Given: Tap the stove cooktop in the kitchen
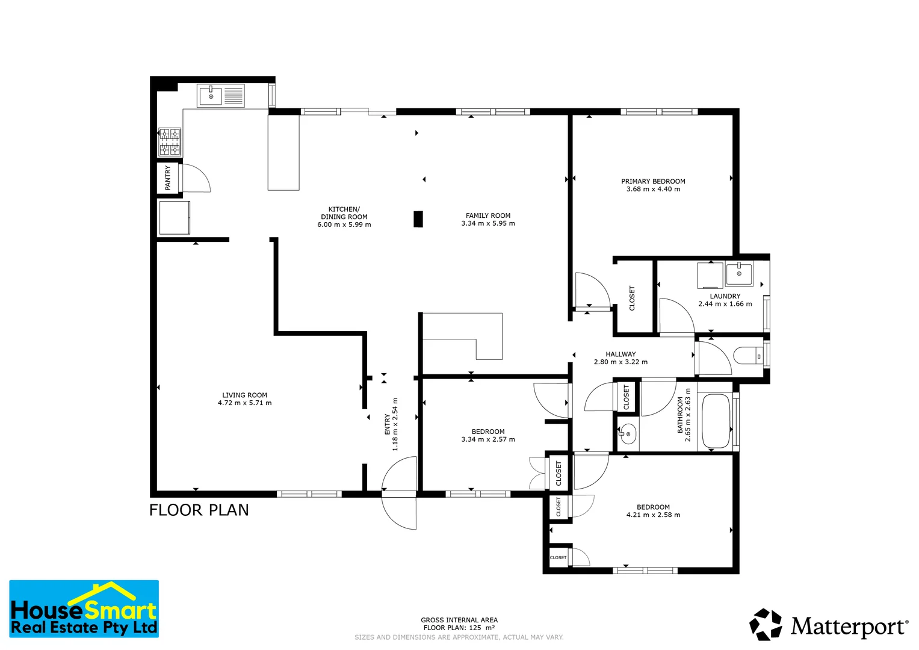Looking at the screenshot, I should click(x=169, y=142).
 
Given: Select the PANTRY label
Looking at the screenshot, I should click(x=168, y=178).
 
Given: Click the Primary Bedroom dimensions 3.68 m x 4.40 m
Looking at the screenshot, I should click(x=653, y=189).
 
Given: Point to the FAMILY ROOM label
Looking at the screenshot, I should click(x=487, y=215).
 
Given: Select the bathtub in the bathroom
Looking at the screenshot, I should click(x=716, y=421).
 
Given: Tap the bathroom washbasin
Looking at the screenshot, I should click(x=628, y=433).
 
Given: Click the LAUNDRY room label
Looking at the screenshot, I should click(x=725, y=296).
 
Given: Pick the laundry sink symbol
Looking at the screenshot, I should click(x=738, y=274).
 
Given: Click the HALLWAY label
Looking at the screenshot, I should click(x=620, y=354).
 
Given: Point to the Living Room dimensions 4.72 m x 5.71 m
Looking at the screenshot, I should click(x=244, y=403).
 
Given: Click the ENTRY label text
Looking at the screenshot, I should click(x=387, y=424).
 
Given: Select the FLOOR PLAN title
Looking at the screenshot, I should click(x=199, y=510).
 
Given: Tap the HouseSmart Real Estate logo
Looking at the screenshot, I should click(x=84, y=608).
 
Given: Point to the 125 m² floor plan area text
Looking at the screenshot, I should click(x=459, y=628).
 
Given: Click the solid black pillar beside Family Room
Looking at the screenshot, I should click(x=418, y=219).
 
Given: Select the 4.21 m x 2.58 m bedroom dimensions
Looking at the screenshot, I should click(x=653, y=515).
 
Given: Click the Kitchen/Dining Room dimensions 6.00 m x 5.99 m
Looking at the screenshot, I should click(x=344, y=224).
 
